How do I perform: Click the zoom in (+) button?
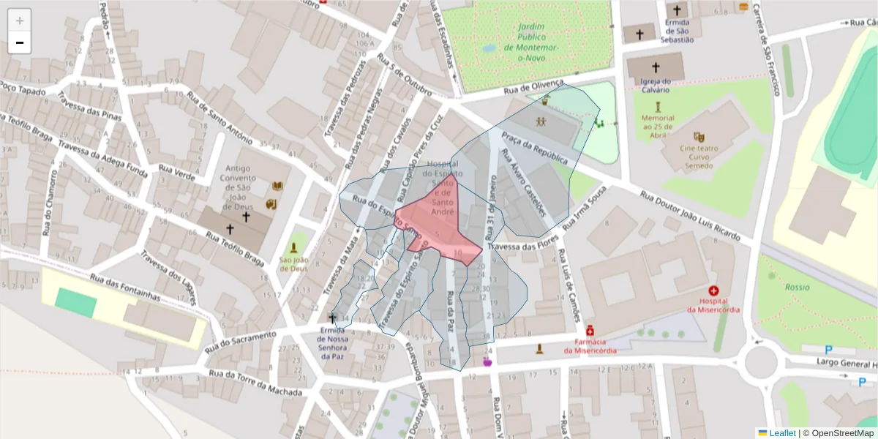[20, 20]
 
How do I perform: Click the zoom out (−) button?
[20, 42]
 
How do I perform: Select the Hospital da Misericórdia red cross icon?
[713, 290]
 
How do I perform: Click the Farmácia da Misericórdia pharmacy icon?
[590, 331]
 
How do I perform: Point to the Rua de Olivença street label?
[533, 88]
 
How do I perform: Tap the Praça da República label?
[534, 148]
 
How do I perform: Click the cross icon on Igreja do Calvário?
[656, 67]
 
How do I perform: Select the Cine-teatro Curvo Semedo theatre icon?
[699, 136]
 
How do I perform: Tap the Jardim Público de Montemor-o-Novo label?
[538, 37]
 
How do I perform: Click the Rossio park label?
[798, 288]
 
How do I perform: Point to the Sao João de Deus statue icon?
[293, 248]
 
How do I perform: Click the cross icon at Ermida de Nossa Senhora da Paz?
[333, 318]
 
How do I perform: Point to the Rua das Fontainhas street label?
[124, 287]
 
